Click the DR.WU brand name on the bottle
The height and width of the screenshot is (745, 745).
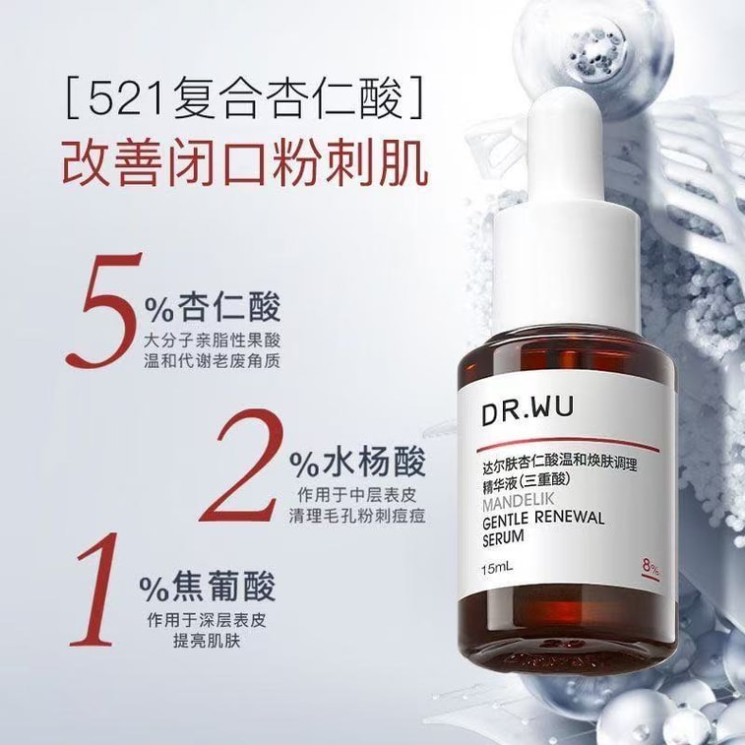[528, 409]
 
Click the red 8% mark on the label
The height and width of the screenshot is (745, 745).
[651, 567]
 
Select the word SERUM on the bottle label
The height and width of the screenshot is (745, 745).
[503, 537]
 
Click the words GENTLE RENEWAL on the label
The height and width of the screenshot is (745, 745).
[542, 519]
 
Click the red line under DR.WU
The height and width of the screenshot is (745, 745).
[567, 444]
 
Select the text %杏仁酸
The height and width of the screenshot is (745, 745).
[212, 307]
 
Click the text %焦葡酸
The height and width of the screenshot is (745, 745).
[208, 586]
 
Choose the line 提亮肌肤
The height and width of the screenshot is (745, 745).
[207, 642]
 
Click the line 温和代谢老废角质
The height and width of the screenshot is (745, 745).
[212, 360]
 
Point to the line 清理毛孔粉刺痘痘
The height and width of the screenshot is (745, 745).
[357, 515]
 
